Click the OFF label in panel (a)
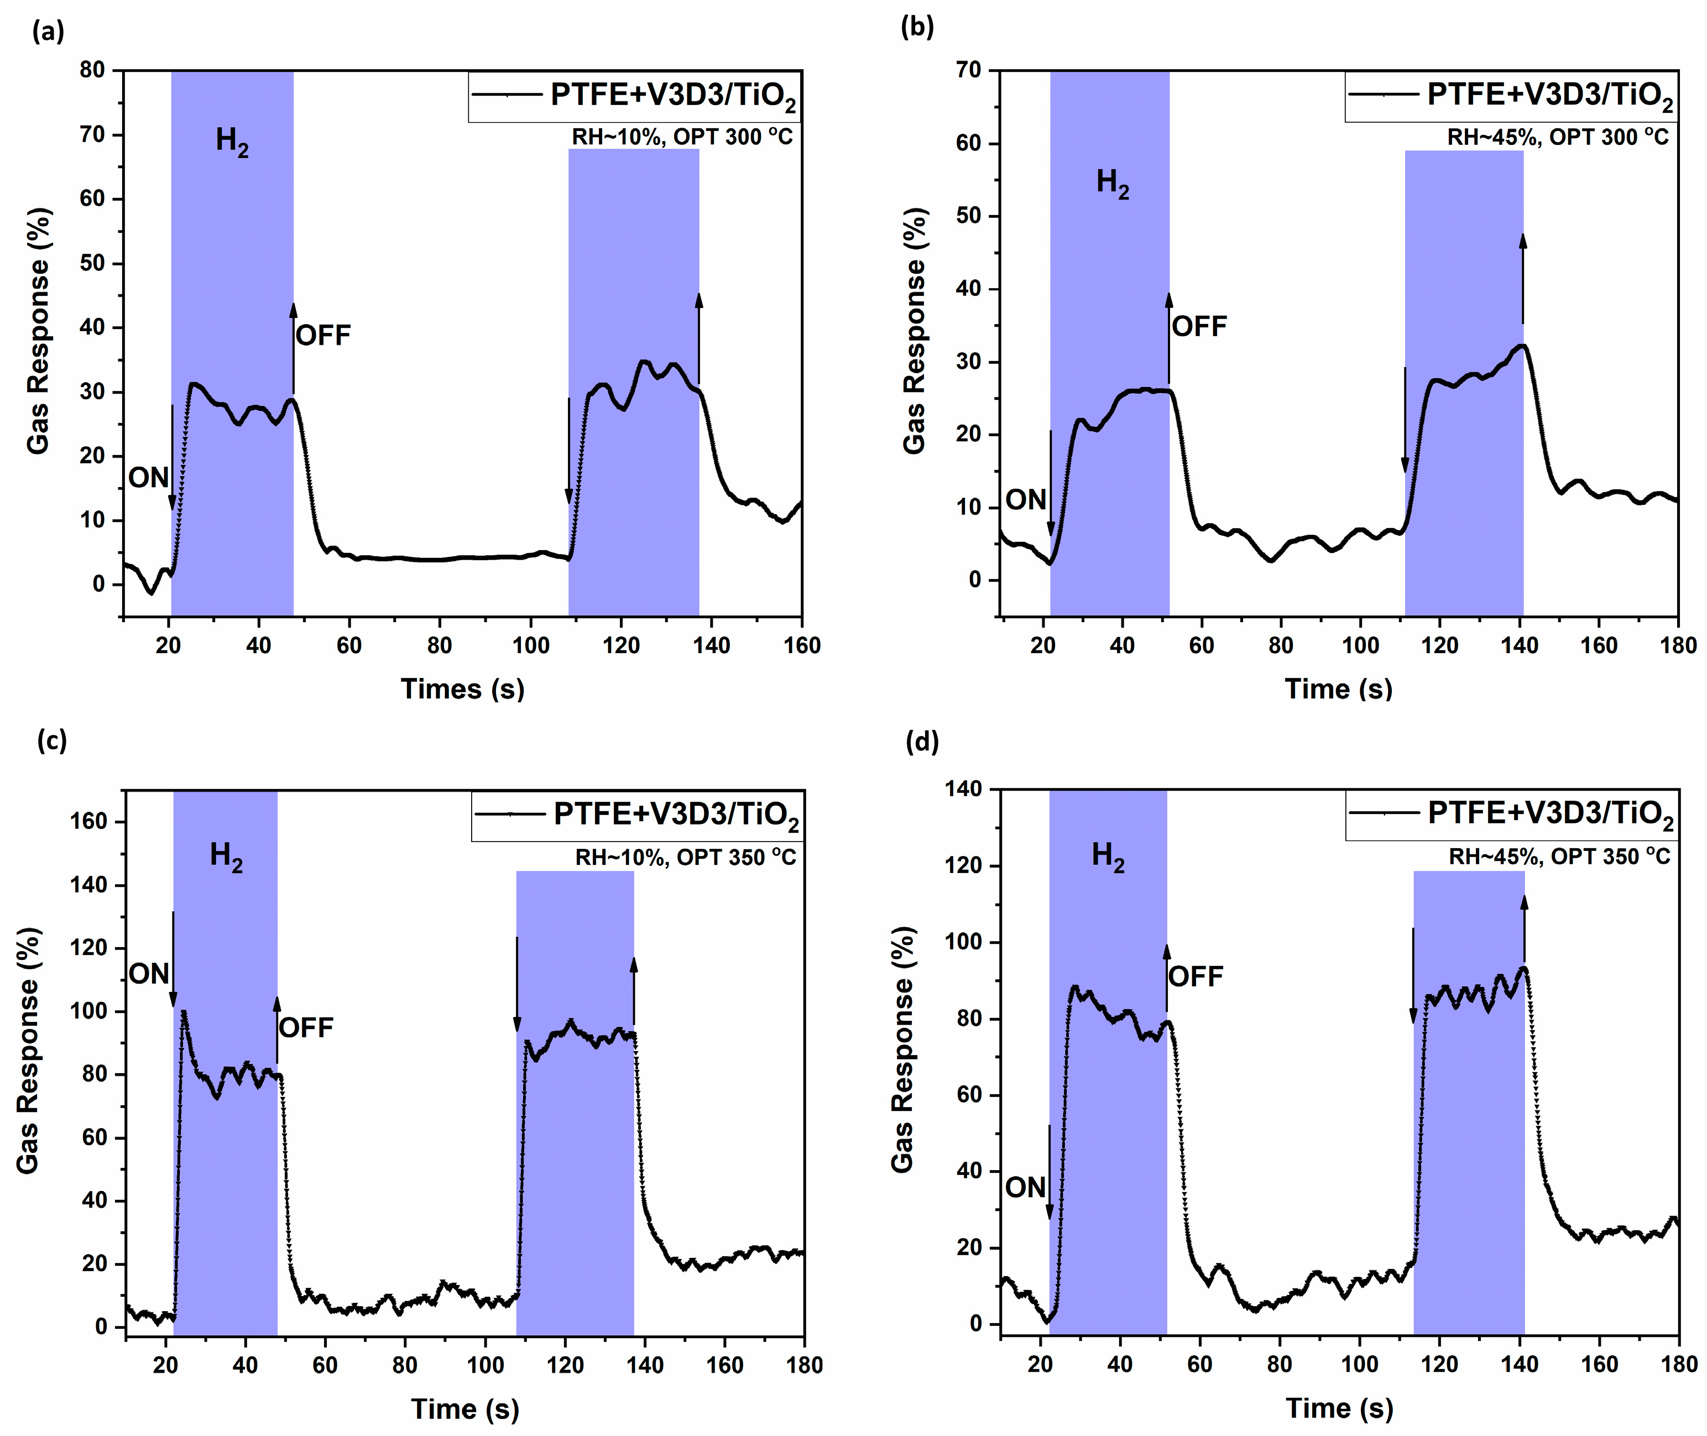(322, 336)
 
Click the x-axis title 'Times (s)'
(462, 689)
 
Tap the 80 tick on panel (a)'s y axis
(93, 70)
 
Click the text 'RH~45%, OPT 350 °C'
(1558, 857)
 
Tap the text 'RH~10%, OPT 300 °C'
(681, 137)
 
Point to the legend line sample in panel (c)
(510, 813)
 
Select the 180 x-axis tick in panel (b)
(1678, 645)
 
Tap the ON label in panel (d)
(1024, 1188)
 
